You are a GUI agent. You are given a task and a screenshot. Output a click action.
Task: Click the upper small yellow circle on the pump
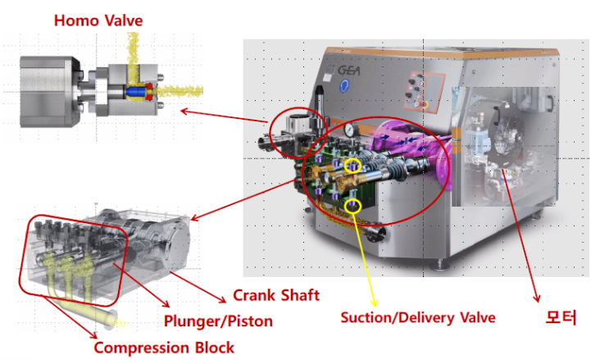[354, 166]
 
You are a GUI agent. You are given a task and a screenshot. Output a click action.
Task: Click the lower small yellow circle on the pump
[353, 204]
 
